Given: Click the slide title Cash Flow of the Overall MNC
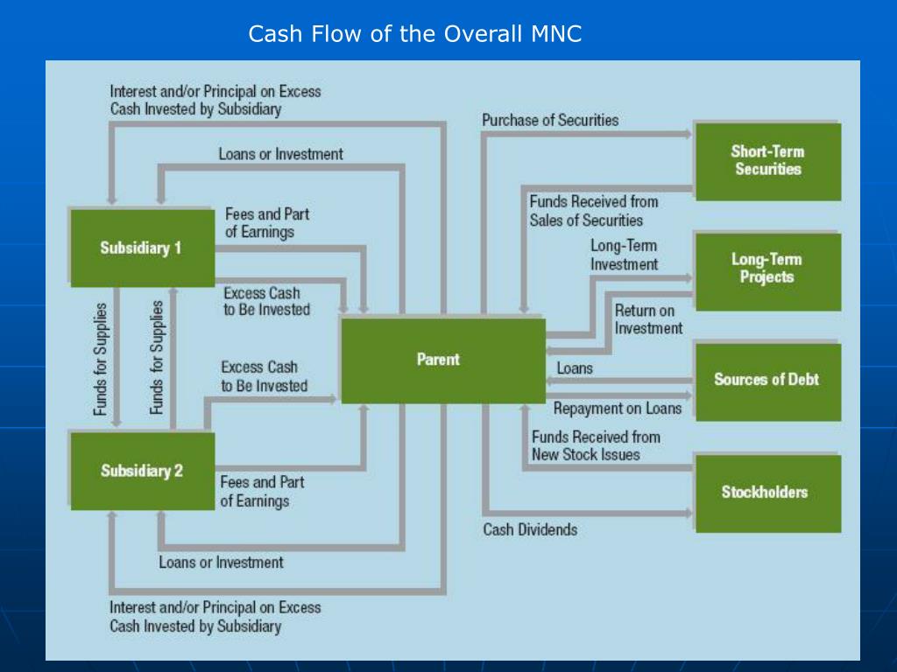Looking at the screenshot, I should (x=414, y=34).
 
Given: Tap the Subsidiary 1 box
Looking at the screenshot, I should (x=142, y=248).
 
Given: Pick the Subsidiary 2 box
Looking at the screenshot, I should (x=142, y=471).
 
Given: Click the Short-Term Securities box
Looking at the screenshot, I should (x=767, y=161).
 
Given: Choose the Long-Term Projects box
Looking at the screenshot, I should (x=767, y=269).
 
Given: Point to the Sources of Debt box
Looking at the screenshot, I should (x=767, y=380).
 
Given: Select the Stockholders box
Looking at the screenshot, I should (x=767, y=492).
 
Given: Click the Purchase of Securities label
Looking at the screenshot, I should (x=550, y=120).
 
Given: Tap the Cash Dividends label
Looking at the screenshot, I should (x=530, y=529).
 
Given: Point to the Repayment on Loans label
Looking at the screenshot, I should (x=618, y=409).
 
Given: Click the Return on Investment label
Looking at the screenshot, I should (x=648, y=319).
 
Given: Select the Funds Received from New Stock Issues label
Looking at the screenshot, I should (x=596, y=445).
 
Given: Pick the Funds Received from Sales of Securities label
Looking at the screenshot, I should (x=593, y=211).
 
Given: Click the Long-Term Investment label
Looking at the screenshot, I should (x=624, y=255).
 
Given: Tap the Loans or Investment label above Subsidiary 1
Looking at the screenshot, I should (x=280, y=154).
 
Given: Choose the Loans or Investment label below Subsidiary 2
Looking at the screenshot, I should (x=221, y=562).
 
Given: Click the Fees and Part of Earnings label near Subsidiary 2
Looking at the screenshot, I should (x=262, y=492).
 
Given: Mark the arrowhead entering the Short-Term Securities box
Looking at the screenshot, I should (x=689, y=134).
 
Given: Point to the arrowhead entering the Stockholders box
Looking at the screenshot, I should (x=689, y=513).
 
